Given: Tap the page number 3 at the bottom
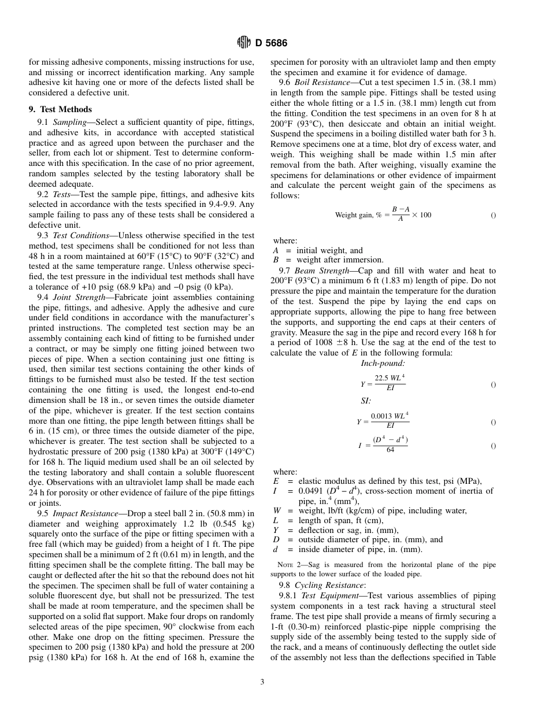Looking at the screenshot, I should [262, 682].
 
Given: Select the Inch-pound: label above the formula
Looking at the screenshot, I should [383, 364].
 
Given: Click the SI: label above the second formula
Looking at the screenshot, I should [366, 401].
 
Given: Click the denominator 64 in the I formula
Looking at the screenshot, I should [390, 450].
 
